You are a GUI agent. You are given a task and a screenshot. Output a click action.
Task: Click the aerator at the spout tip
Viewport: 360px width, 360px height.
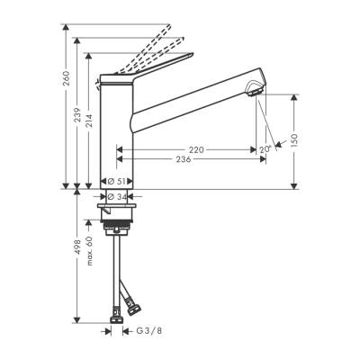(256, 89)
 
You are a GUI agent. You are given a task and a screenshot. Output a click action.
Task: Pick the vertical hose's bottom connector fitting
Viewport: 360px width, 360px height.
(115, 314)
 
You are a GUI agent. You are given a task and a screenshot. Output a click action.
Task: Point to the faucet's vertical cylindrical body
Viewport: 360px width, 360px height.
(116, 135)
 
